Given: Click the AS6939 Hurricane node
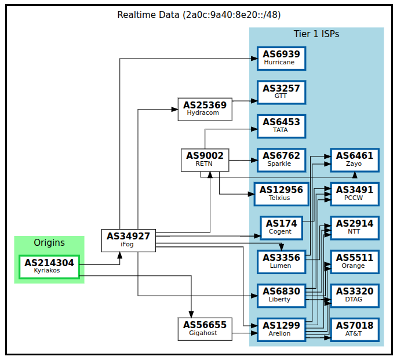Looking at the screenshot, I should [281, 59].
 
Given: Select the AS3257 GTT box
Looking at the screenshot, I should [281, 92].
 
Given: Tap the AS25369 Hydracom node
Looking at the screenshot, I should [205, 109].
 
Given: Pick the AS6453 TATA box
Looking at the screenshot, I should [281, 126].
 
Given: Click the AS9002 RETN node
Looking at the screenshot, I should [205, 159].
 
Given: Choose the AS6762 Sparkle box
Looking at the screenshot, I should [281, 159].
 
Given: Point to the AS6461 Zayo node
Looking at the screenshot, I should [355, 159].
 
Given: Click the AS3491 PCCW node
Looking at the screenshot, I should [355, 193].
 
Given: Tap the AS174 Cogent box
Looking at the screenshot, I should [281, 227].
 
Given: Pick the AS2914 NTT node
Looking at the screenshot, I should [355, 227].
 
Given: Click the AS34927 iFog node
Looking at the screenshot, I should [128, 241].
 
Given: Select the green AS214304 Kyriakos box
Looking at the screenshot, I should [49, 267].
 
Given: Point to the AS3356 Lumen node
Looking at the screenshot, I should [281, 261].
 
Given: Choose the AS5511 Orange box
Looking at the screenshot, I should [355, 261].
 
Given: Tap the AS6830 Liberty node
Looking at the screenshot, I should [281, 295].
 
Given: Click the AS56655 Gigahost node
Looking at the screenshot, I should [205, 329].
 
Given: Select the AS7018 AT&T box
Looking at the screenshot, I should [355, 329].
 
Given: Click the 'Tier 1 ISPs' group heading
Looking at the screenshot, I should [316, 34].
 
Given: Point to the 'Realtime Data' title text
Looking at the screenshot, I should [200, 14].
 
